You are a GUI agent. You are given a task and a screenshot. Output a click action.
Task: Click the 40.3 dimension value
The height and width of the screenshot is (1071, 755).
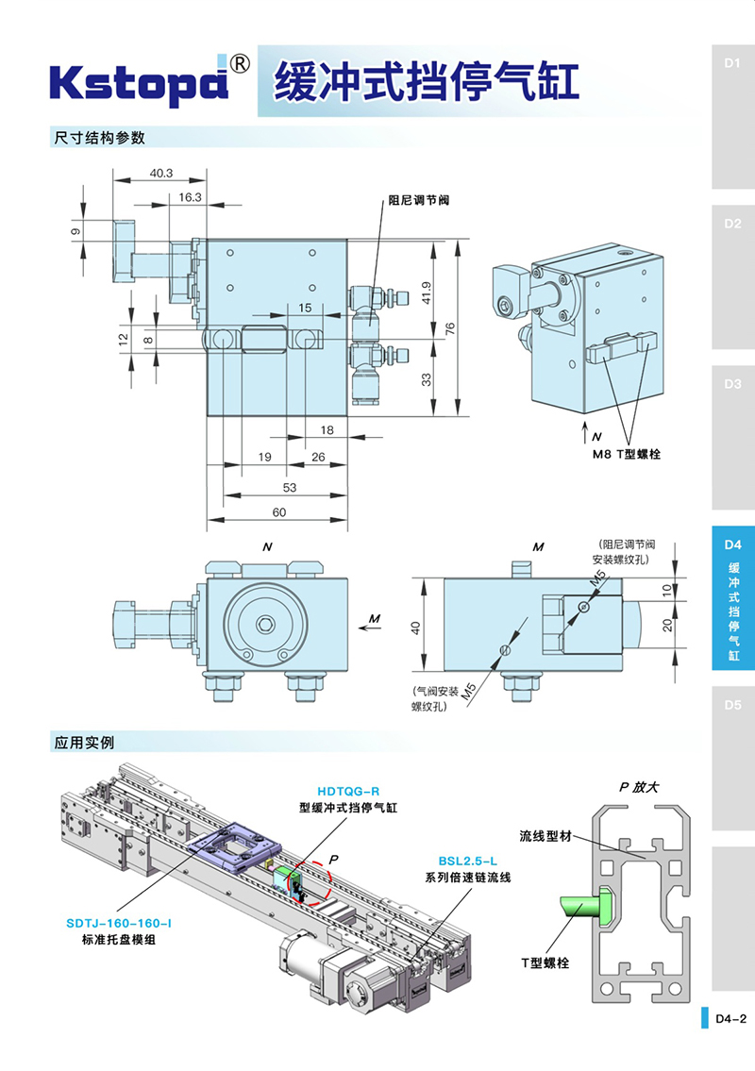click(x=160, y=173)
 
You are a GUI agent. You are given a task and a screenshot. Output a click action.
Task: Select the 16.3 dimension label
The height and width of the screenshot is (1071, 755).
click(x=190, y=196)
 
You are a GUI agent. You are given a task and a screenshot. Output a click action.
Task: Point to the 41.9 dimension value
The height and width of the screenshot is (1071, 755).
click(x=427, y=293)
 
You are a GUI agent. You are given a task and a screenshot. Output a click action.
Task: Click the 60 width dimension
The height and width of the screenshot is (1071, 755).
click(x=278, y=512)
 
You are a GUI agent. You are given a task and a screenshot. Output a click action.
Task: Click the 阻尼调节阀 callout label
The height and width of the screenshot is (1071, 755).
click(x=418, y=201)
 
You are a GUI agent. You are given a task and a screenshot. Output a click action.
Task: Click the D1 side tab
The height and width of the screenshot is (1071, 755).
click(x=732, y=64)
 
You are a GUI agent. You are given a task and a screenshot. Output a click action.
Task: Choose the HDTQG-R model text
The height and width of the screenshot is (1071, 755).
click(x=347, y=792)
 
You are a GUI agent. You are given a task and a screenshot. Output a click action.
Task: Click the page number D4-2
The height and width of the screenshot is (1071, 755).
click(x=730, y=1019)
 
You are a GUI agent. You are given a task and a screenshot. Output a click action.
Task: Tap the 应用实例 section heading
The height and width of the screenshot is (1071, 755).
click(x=84, y=742)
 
